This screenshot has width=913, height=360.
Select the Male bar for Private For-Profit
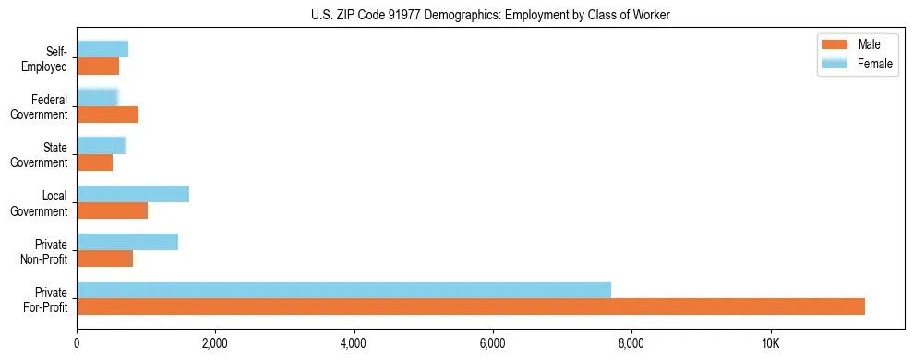point(471,306)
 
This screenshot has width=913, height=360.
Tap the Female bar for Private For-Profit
point(343,290)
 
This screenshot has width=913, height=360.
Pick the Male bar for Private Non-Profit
point(104,258)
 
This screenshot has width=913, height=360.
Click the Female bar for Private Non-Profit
point(127,242)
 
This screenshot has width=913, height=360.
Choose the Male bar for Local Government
point(112,210)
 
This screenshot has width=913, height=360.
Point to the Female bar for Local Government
point(133,194)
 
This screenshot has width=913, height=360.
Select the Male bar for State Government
point(94,162)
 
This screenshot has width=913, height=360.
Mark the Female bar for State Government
point(101,146)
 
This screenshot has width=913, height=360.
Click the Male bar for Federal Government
point(107,114)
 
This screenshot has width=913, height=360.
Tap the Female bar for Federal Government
point(97,98)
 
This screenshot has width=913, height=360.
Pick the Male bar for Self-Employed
point(98,66)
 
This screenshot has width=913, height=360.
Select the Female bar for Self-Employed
point(102,50)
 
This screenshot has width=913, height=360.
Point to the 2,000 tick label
point(215,343)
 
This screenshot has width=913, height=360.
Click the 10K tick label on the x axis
point(770,343)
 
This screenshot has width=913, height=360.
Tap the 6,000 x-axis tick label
point(493,343)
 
